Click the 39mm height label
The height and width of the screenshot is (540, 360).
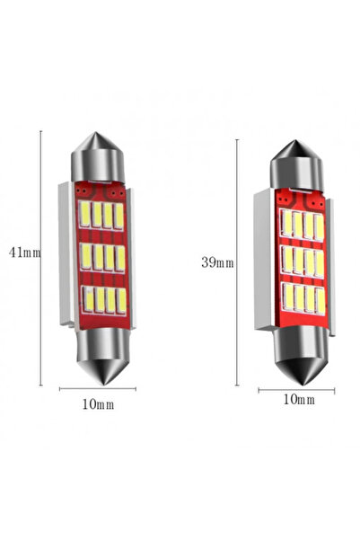[218, 262]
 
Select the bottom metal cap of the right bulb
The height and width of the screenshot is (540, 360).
[297, 352]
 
